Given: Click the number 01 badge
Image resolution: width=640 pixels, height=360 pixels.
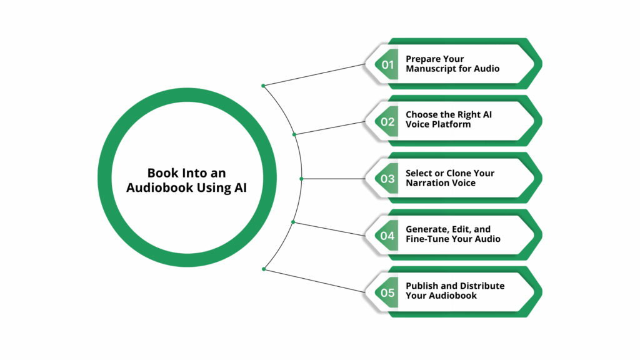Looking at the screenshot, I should coord(387,64).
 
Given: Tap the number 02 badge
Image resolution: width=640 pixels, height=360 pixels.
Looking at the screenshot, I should coord(387,122).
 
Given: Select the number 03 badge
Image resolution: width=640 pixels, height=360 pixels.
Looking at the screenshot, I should coord(387,179).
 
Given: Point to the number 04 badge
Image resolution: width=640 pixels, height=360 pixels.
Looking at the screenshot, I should coord(387,236).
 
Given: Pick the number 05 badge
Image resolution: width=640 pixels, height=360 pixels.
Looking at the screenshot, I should coord(387,293).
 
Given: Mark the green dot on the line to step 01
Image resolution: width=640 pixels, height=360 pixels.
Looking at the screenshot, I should coord(264,86).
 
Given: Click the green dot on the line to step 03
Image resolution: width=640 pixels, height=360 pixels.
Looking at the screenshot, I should coord(302,179).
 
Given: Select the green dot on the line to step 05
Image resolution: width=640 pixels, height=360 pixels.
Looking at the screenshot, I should coord(264,269).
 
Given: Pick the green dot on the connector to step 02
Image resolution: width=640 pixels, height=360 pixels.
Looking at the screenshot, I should coord(294,134).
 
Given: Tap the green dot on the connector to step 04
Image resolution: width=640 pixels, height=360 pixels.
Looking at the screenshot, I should coord(293,222).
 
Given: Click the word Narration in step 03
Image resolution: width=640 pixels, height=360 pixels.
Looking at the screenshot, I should coord(428,182).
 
